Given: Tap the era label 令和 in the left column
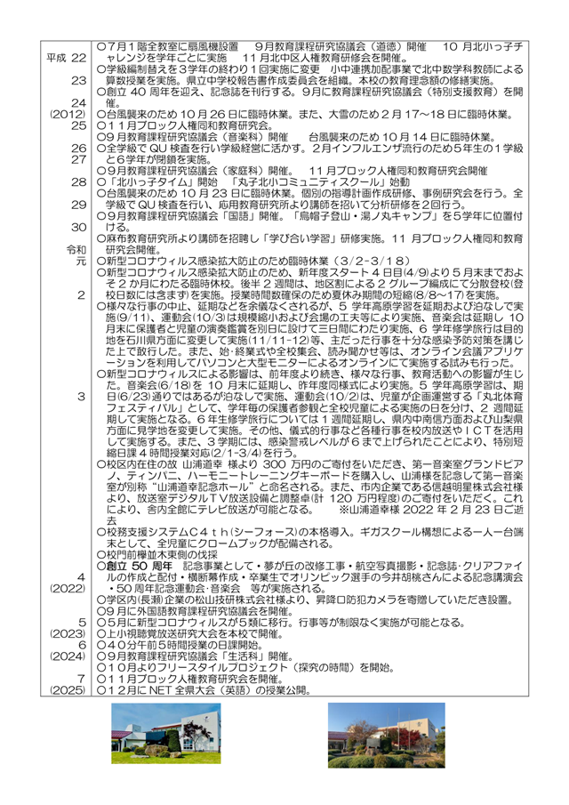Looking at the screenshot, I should tap(76, 250).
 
